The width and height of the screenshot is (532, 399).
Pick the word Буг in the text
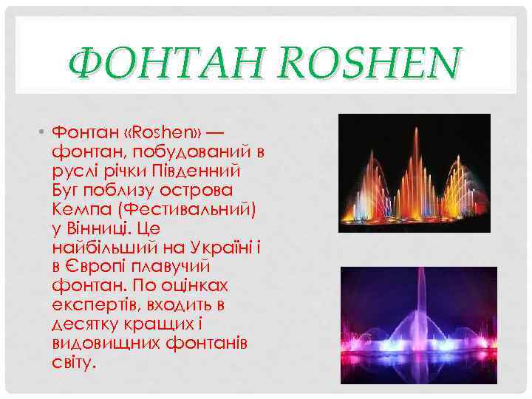(x=68, y=191)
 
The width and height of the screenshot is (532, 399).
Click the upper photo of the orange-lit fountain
(x=414, y=173)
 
